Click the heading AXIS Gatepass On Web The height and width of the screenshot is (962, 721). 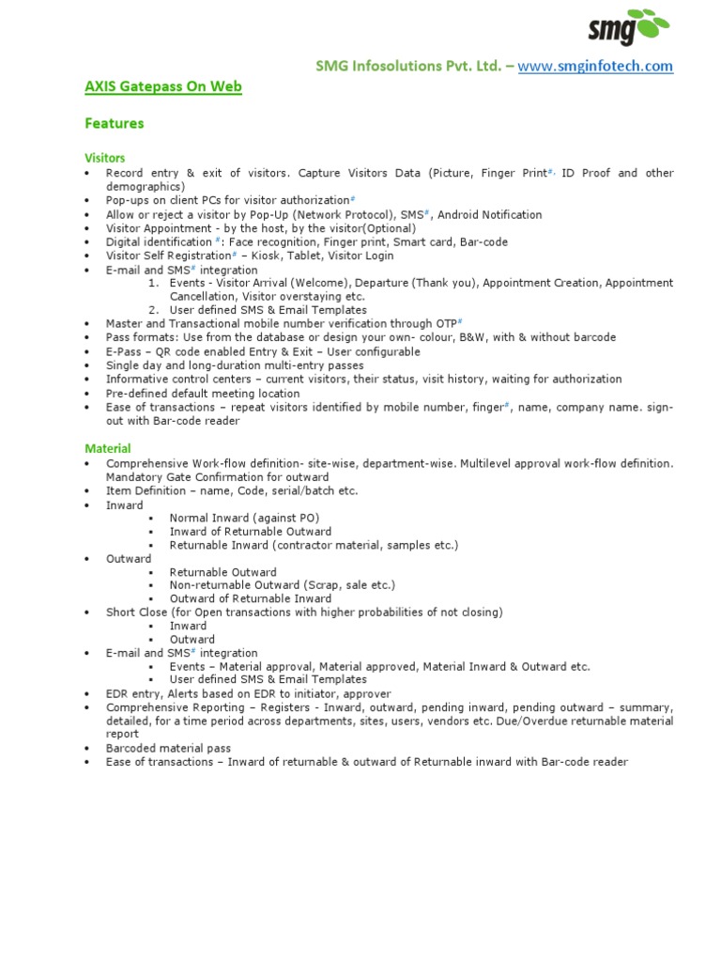[163, 87]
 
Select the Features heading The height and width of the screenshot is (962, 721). [114, 123]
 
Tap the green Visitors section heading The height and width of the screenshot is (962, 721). [104, 158]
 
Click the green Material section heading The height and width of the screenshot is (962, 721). [107, 449]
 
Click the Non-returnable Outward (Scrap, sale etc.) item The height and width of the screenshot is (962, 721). [283, 585]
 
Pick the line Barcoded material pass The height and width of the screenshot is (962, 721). [168, 749]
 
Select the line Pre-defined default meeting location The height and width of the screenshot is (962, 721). [203, 394]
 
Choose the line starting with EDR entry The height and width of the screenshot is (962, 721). [248, 693]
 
